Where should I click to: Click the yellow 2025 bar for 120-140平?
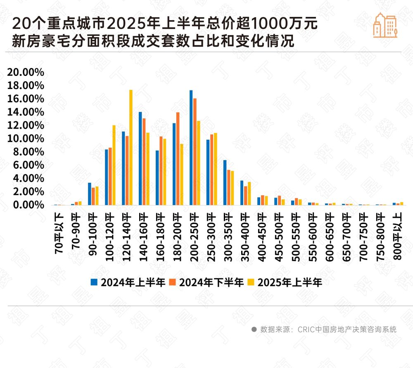click(131, 147)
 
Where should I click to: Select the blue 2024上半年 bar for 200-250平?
click(191, 148)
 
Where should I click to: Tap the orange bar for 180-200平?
click(178, 159)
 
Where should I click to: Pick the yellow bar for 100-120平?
click(114, 165)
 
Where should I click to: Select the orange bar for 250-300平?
click(212, 170)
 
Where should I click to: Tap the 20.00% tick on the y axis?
click(26, 72)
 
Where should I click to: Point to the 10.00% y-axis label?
click(26, 139)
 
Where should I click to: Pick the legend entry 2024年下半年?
click(211, 283)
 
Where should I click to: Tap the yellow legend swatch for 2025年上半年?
click(250, 283)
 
